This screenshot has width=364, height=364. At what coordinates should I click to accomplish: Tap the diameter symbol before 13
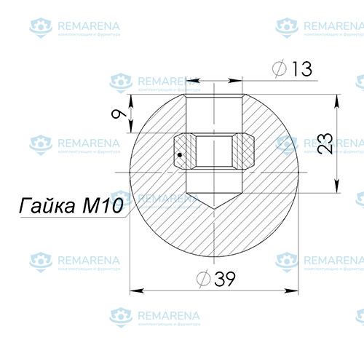tap(280, 69)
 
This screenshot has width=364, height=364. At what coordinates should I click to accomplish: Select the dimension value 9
tap(117, 114)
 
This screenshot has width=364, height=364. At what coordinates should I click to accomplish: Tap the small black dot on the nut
tap(180, 154)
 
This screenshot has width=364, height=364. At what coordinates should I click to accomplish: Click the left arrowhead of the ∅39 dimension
tap(132, 292)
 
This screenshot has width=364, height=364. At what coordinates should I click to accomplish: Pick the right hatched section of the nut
tap(245, 151)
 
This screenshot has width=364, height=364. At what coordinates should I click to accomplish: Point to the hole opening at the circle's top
tap(213, 98)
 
